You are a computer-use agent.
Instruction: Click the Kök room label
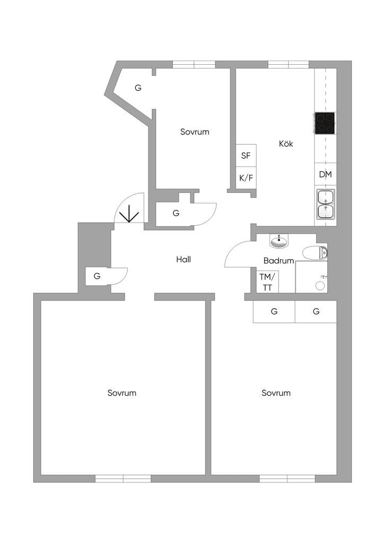(286, 143)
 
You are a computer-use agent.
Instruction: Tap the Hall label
(184, 259)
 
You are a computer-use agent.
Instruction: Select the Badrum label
(279, 260)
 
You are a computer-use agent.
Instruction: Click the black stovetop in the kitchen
(325, 123)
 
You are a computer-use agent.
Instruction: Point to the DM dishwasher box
(326, 174)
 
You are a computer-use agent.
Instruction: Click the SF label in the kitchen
(246, 156)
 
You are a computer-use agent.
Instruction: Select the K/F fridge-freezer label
(246, 178)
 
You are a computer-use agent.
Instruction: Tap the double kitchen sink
(326, 205)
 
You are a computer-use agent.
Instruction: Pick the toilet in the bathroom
(315, 253)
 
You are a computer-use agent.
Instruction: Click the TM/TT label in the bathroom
(267, 282)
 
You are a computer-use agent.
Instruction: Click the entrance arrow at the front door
(129, 214)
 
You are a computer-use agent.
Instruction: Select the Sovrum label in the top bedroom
(195, 132)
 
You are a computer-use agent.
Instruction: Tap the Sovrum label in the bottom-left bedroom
(122, 393)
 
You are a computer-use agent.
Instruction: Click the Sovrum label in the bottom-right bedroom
(276, 393)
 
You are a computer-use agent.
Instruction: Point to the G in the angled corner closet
(138, 88)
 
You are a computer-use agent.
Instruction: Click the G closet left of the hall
(97, 276)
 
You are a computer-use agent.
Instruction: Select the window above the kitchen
(289, 64)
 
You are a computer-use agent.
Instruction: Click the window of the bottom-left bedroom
(123, 479)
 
